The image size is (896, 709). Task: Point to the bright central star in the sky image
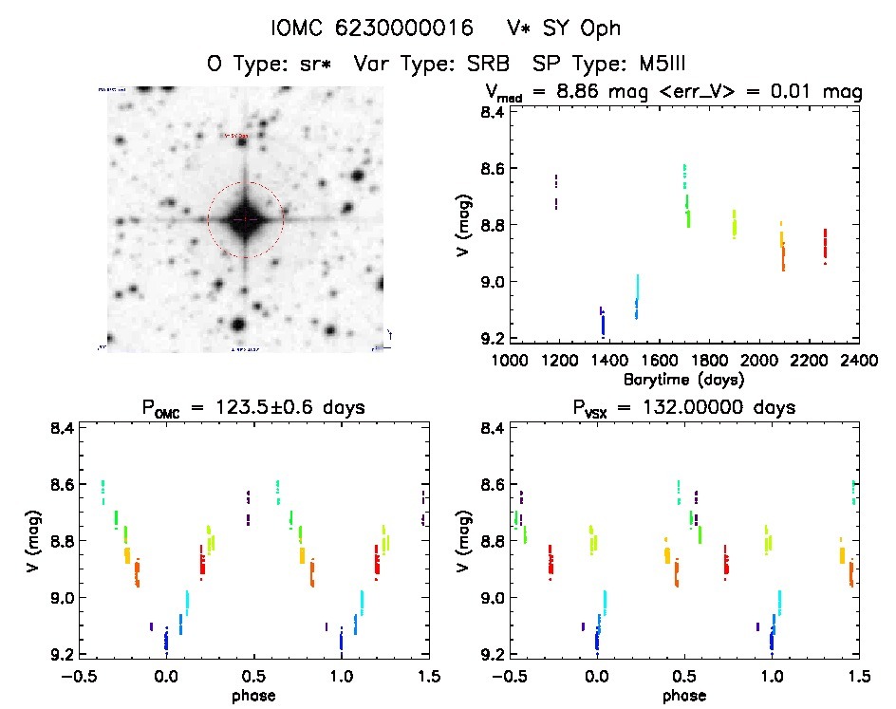pos(245,219)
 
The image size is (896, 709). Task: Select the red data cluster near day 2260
pos(826,245)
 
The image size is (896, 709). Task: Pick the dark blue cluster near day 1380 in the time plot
pos(603,322)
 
